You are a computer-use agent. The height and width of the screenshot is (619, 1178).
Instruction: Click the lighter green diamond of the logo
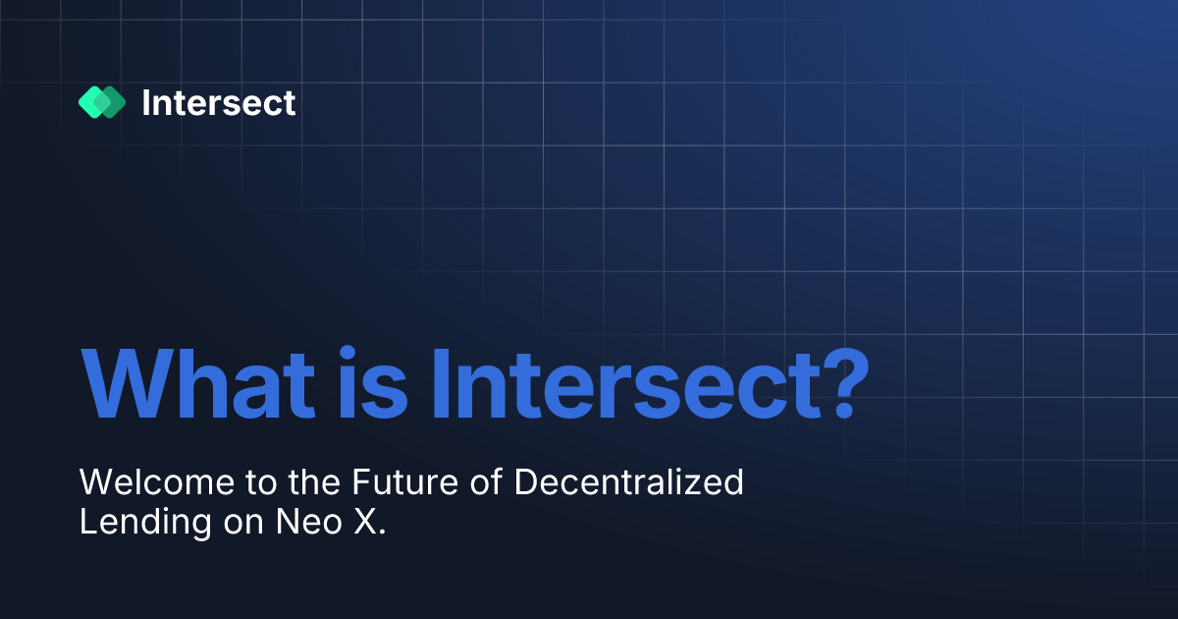click(91, 102)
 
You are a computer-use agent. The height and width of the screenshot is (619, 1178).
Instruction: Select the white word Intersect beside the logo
click(218, 102)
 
